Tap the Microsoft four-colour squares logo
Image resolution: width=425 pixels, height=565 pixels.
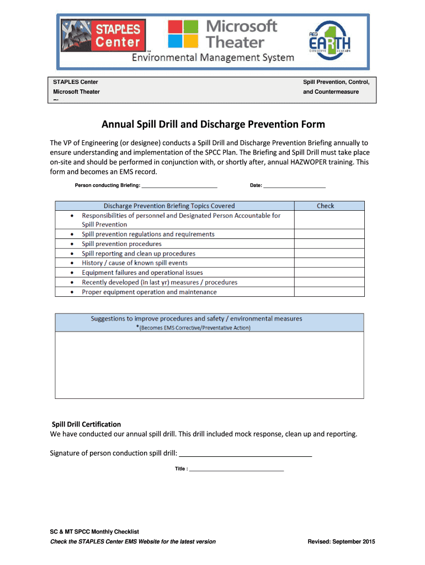183,34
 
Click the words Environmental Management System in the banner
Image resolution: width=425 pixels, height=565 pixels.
212,58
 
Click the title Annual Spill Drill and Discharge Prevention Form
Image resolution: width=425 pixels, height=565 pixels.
212,124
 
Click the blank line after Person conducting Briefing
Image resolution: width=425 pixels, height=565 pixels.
179,186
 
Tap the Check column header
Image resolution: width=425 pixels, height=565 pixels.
325,206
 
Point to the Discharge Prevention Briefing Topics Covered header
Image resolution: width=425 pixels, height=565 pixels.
169,206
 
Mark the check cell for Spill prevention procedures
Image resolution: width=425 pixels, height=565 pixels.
328,244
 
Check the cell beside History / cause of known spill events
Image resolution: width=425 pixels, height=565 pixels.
328,263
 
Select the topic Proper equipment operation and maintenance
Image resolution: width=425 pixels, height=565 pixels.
149,292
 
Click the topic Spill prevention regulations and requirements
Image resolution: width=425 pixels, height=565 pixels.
148,234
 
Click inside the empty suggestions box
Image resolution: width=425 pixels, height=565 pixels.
209,364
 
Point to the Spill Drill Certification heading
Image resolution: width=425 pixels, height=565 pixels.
86,424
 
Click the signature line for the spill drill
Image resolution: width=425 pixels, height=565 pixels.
246,454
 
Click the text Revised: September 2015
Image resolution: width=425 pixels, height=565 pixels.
341,541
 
